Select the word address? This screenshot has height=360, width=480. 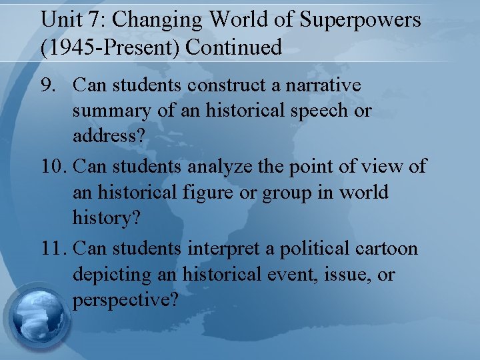[x=104, y=135]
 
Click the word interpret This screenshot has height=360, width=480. [x=238, y=249]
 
